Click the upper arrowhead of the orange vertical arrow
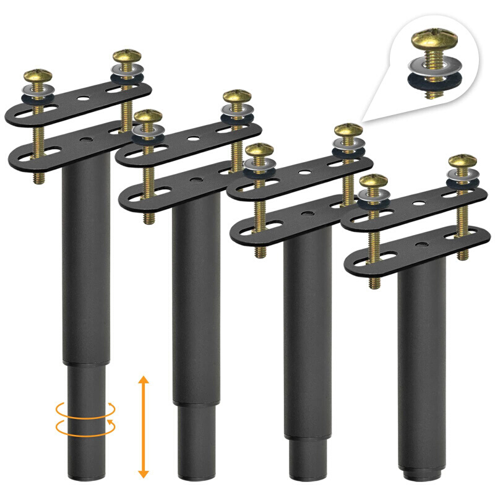point(143,380)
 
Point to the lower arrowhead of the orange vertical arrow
point(143,473)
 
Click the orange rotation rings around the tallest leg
point(85,416)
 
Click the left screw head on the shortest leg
point(373,182)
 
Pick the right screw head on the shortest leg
point(462,162)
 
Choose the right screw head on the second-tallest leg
point(236,97)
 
